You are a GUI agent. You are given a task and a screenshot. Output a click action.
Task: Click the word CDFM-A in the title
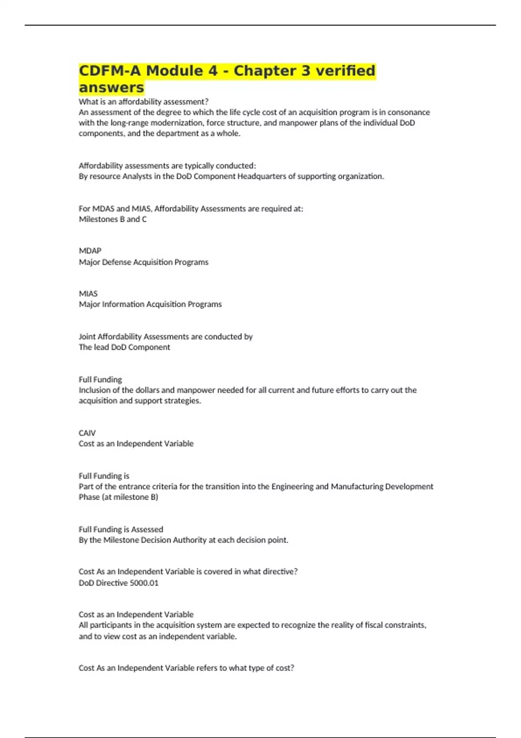click(x=110, y=71)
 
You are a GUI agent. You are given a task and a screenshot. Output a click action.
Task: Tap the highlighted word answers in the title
click(x=111, y=88)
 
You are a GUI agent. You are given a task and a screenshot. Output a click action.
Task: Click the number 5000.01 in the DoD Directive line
click(x=144, y=583)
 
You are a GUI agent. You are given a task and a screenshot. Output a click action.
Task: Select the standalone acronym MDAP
click(x=90, y=251)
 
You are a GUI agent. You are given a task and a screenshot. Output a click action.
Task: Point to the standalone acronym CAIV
click(x=87, y=433)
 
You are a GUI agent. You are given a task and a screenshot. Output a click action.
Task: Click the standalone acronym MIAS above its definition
click(x=88, y=294)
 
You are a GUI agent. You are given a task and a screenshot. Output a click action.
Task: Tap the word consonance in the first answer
click(x=409, y=112)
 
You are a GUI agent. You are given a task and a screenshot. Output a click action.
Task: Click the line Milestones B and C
click(x=112, y=219)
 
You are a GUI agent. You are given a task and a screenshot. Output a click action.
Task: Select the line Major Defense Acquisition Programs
click(x=143, y=262)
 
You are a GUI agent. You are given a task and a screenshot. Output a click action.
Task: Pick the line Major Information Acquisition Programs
click(x=150, y=304)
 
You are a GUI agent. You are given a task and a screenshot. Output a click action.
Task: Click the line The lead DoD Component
click(x=124, y=347)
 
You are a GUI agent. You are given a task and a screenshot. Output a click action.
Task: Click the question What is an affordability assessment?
click(x=143, y=102)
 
